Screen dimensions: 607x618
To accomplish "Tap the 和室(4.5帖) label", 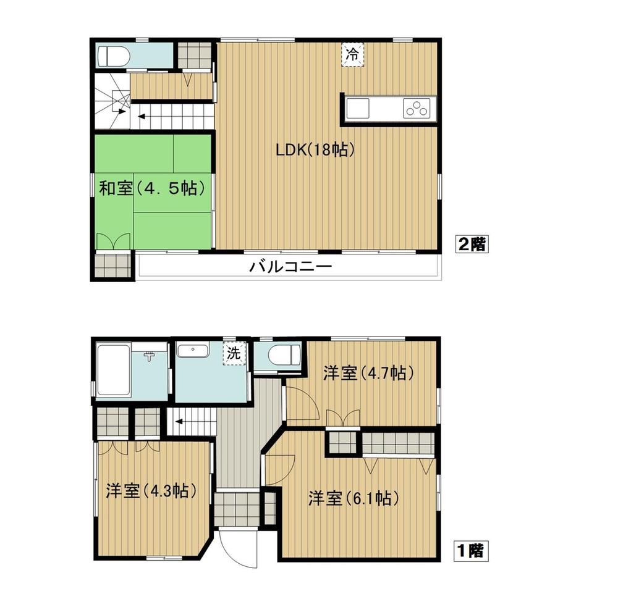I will click(x=152, y=188).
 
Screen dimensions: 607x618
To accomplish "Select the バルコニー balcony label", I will click(x=291, y=267).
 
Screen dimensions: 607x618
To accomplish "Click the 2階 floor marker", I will click(x=472, y=244).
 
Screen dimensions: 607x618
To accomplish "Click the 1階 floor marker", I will click(x=472, y=549).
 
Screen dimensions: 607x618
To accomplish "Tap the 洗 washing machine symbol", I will click(x=234, y=354).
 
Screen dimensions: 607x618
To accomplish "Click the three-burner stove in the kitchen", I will click(x=416, y=109).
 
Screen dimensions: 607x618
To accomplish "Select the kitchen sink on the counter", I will click(x=358, y=109).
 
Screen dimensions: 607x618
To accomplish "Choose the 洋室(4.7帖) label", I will click(x=368, y=373).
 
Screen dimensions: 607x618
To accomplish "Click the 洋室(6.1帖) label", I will click(x=352, y=498).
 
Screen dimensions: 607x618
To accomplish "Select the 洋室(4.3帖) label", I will click(x=151, y=491).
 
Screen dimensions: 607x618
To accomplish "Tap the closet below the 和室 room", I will click(x=113, y=266).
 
